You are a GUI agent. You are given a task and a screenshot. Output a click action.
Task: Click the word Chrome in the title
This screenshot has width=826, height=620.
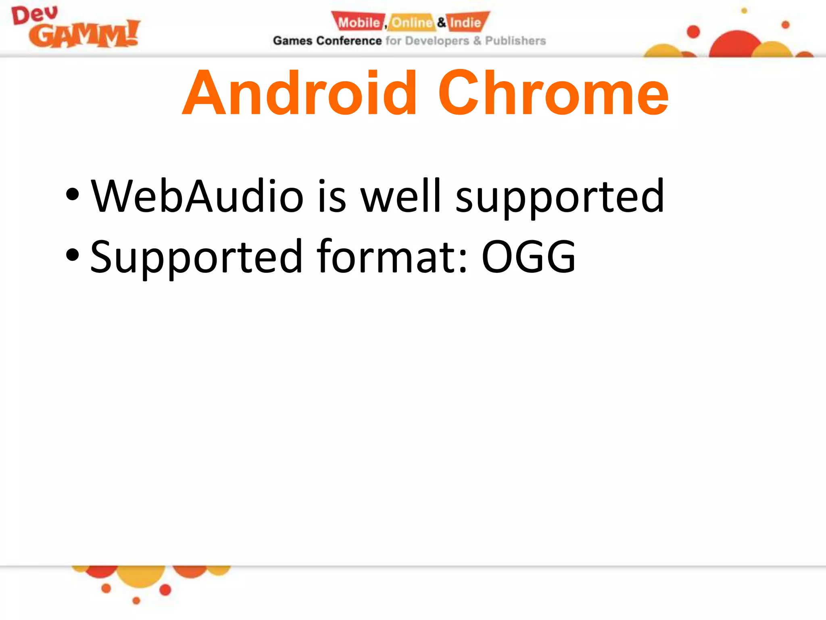553,94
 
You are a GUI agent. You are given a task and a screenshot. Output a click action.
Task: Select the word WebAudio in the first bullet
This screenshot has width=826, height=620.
197,197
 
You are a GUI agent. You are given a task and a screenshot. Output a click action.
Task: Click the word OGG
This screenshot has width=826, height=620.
529,257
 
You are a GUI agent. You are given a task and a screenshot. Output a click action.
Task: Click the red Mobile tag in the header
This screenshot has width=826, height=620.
359,22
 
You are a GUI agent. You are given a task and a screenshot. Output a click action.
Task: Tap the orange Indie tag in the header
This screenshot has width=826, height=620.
466,22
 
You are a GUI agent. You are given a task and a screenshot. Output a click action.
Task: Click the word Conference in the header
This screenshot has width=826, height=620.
349,41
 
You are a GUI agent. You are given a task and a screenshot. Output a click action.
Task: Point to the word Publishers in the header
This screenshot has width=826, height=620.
515,41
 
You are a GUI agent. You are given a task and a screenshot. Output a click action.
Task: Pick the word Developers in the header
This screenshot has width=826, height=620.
437,41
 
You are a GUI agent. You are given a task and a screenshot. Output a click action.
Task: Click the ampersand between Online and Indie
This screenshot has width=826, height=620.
442,22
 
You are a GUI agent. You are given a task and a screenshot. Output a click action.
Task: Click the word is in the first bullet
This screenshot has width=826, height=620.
332,197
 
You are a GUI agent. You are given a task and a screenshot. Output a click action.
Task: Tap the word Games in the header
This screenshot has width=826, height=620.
293,41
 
